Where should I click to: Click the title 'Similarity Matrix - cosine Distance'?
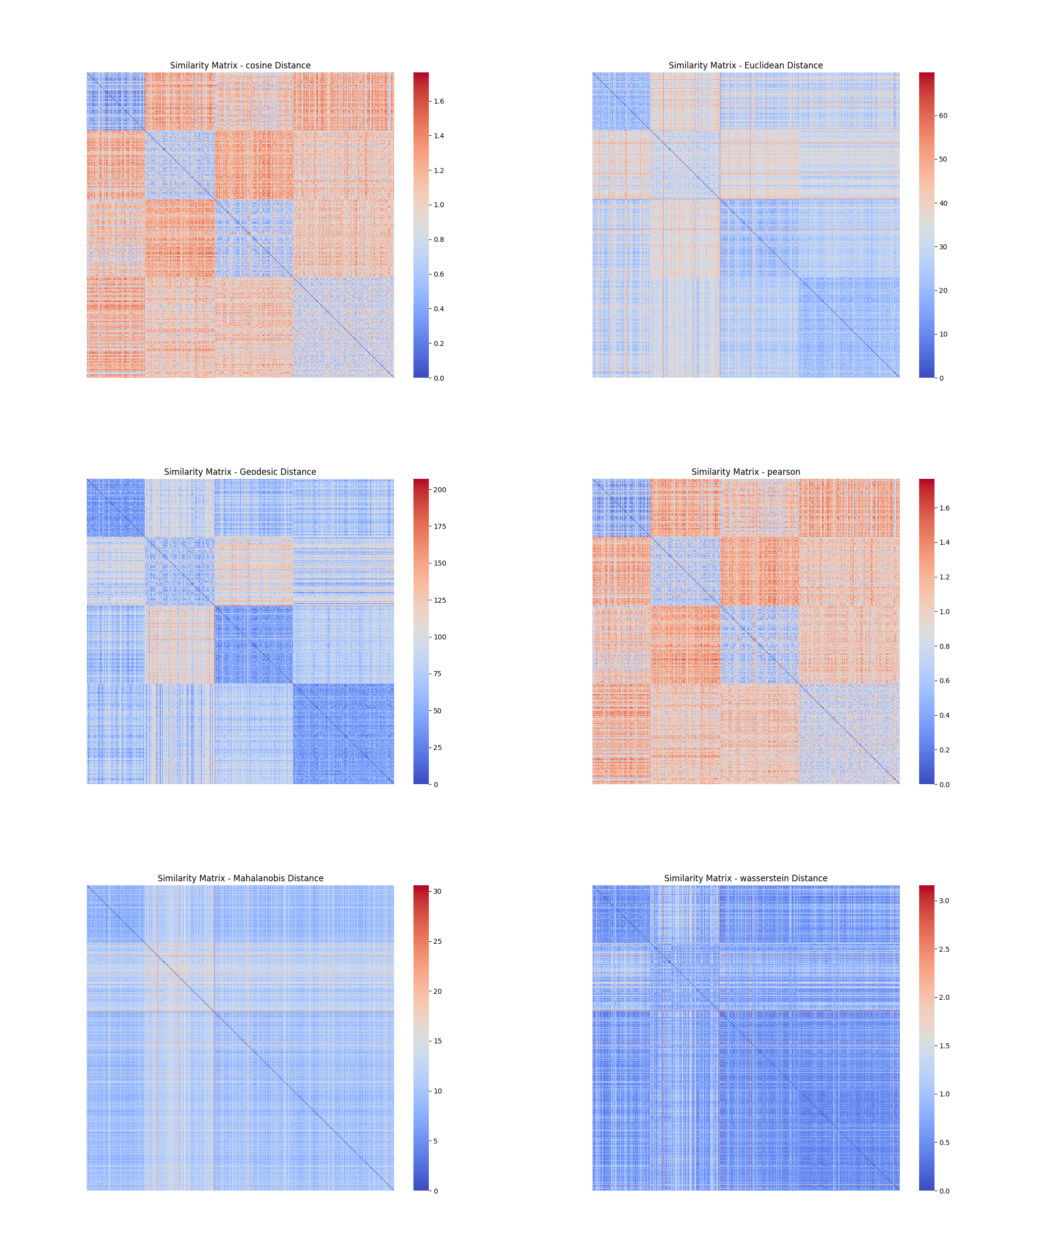coord(240,65)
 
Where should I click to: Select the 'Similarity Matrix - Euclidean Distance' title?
coord(745,65)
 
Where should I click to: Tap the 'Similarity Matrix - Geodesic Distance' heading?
coord(240,472)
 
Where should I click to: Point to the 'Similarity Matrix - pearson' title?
coord(745,472)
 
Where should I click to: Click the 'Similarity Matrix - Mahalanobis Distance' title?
coord(240,878)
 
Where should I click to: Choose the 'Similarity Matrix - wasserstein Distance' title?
coord(745,878)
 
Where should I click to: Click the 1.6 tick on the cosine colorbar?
coord(439,101)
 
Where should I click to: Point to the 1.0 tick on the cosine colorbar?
coord(439,205)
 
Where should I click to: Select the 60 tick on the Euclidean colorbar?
coord(943,115)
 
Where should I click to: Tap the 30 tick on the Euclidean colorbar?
coord(943,247)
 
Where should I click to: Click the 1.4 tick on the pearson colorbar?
coord(944,543)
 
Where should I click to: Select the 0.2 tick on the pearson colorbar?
coord(944,750)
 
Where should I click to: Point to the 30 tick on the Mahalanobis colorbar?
coord(438,892)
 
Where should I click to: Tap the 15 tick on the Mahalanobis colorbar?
coord(438,1041)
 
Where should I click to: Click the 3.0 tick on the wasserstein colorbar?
coord(944,901)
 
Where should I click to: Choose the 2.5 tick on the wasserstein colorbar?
coord(944,950)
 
